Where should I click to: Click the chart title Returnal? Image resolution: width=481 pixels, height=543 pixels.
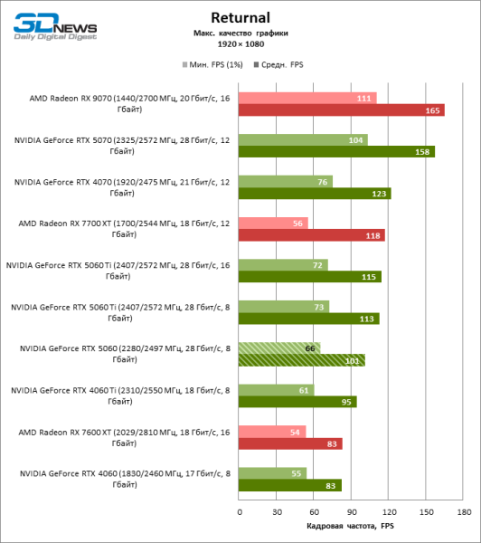click(x=240, y=16)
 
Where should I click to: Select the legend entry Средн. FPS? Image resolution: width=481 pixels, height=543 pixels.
click(x=281, y=65)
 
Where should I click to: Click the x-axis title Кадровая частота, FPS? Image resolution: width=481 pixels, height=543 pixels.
click(x=351, y=526)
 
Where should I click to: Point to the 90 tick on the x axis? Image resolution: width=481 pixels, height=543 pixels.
click(x=352, y=511)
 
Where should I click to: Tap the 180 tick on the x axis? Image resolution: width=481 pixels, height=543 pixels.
click(x=464, y=511)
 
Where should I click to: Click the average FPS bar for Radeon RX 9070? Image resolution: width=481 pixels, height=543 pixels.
click(x=342, y=110)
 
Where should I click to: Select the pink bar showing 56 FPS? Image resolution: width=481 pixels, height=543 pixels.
click(x=274, y=223)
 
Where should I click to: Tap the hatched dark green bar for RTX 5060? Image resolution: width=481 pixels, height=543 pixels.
click(x=302, y=360)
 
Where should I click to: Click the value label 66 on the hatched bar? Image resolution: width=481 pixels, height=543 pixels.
click(x=310, y=348)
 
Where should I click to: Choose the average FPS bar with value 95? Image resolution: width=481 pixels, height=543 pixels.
click(x=297, y=402)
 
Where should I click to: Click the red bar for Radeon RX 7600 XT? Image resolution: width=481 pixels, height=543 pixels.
click(x=290, y=443)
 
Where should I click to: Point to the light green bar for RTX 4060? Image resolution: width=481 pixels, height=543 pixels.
click(x=273, y=473)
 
